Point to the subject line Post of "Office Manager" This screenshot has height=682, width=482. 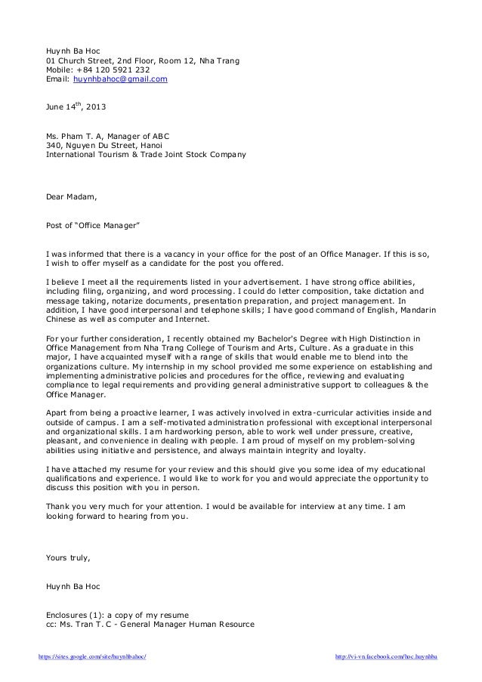pos(93,225)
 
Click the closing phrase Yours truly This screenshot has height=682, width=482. pos(68,558)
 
